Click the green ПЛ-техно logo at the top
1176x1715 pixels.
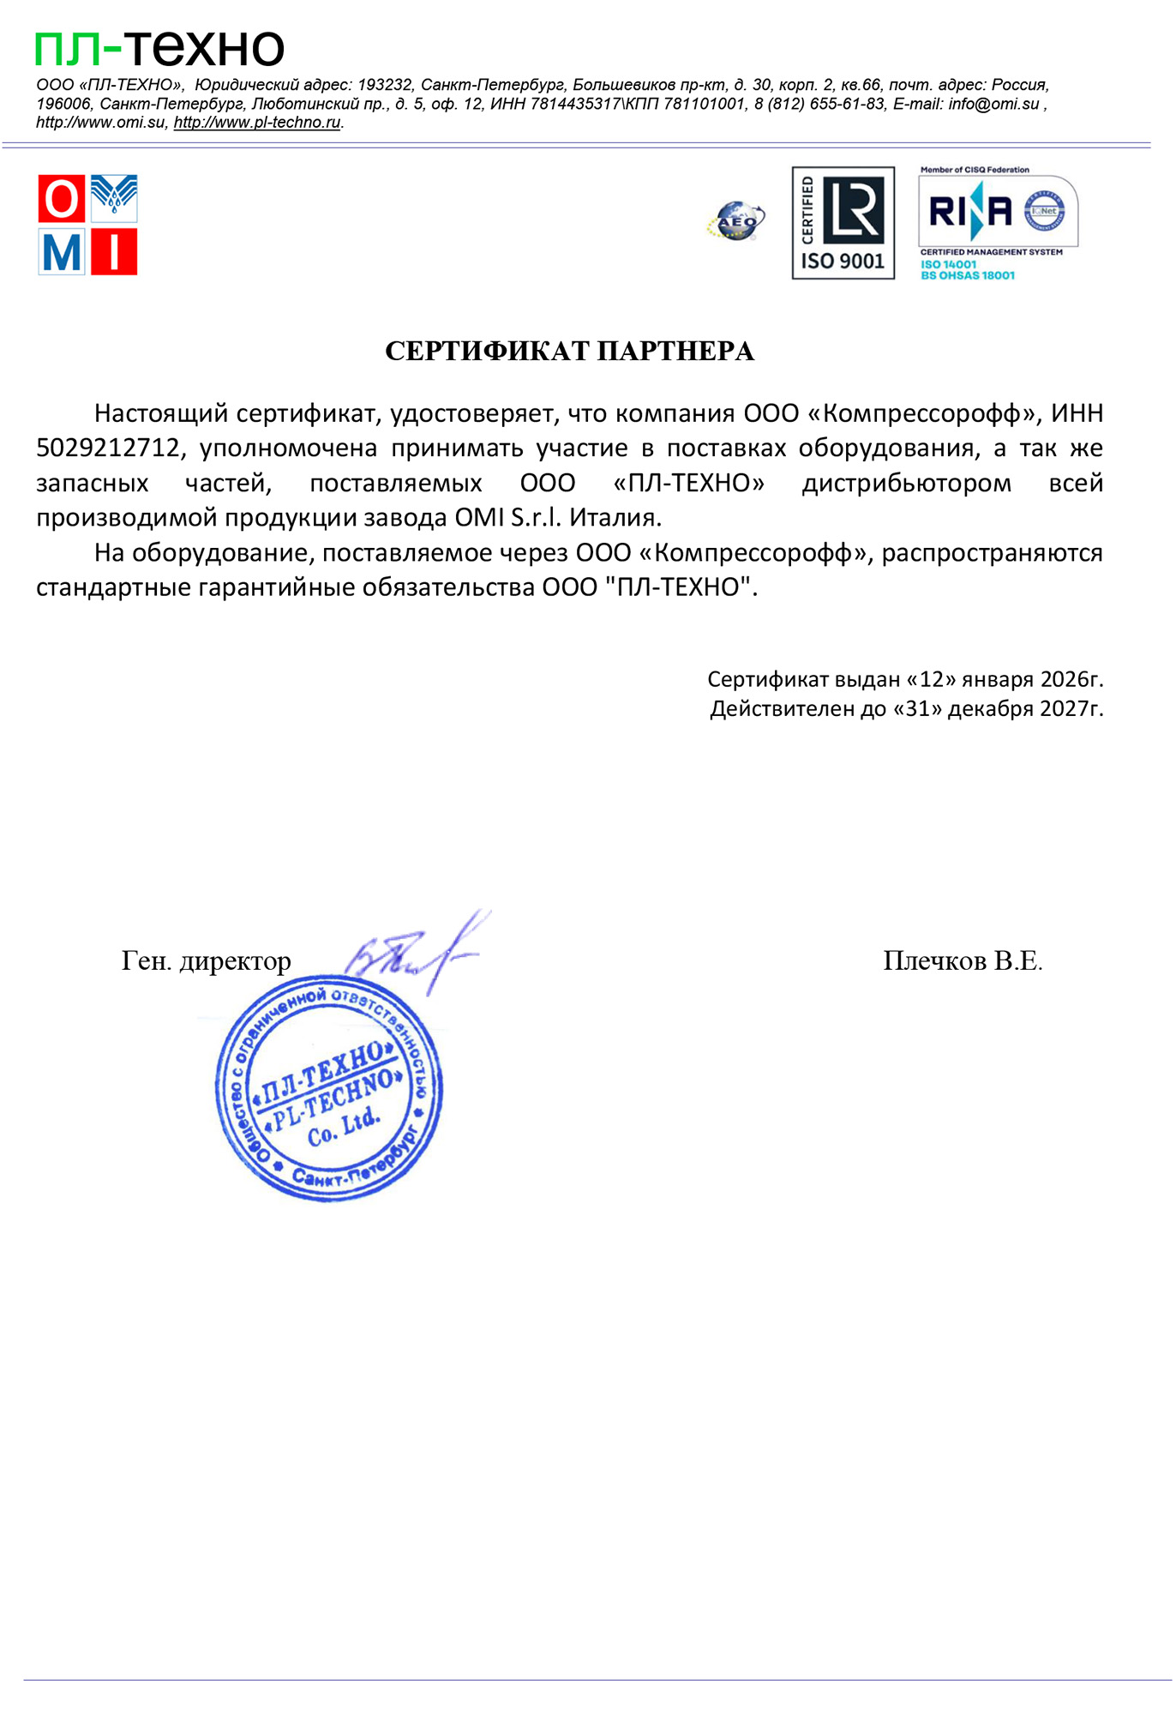(x=159, y=48)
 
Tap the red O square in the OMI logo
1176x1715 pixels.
(x=62, y=199)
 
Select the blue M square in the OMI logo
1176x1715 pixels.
(x=62, y=252)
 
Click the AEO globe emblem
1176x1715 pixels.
(x=735, y=221)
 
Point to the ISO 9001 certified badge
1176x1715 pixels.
(x=843, y=223)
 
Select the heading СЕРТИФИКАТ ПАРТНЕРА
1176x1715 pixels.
(x=569, y=352)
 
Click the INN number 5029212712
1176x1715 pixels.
(x=109, y=448)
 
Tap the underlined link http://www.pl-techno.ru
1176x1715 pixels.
(x=257, y=123)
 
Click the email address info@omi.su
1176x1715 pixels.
(x=993, y=105)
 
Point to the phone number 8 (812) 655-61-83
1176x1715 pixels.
(x=820, y=105)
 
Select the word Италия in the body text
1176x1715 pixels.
(x=616, y=518)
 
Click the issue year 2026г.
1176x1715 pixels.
(x=1071, y=680)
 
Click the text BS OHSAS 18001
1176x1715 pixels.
(x=968, y=276)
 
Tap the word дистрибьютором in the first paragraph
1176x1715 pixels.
(x=906, y=484)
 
